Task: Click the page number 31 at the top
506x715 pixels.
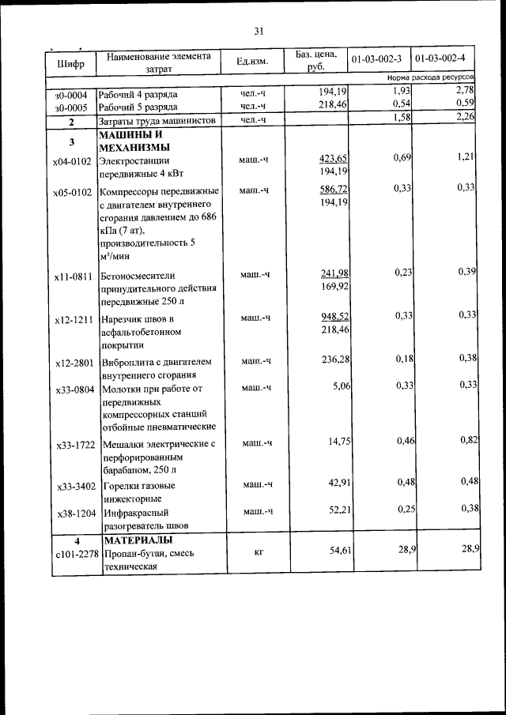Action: pyautogui.click(x=259, y=32)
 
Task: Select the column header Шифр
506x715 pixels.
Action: pyautogui.click(x=70, y=62)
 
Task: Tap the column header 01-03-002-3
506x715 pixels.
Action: pyautogui.click(x=376, y=59)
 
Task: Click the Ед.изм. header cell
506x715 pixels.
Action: pyautogui.click(x=252, y=62)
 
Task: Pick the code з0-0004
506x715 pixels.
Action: pyautogui.click(x=71, y=94)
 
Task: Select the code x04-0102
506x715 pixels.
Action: pyautogui.click(x=73, y=161)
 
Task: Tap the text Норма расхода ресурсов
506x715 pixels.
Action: pyautogui.click(x=430, y=79)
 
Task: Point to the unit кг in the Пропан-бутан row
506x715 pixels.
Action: pyautogui.click(x=259, y=552)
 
